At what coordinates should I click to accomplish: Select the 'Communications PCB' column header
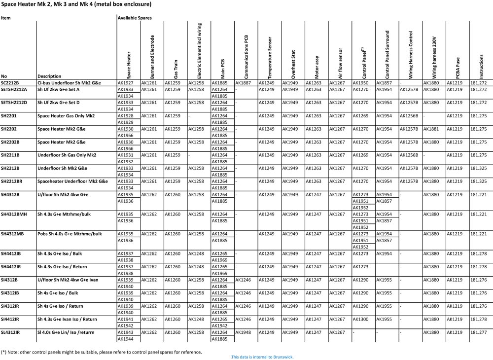click(x=246, y=57)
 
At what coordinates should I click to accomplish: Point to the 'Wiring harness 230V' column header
click(x=434, y=57)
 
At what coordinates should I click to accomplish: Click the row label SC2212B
click(x=10, y=83)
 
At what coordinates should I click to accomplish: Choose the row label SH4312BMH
click(x=14, y=214)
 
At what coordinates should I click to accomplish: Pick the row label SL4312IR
click(x=10, y=333)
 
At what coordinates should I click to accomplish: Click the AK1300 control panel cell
click(x=360, y=319)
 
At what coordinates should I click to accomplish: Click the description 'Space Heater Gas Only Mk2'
click(x=66, y=115)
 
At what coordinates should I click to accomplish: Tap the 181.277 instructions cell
click(x=478, y=333)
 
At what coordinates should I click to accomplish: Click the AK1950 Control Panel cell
click(x=360, y=83)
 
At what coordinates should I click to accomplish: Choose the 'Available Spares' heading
click(x=134, y=18)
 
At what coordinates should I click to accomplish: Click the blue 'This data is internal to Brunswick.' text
click(x=262, y=357)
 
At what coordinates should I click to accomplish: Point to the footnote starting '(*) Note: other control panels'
click(x=101, y=352)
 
